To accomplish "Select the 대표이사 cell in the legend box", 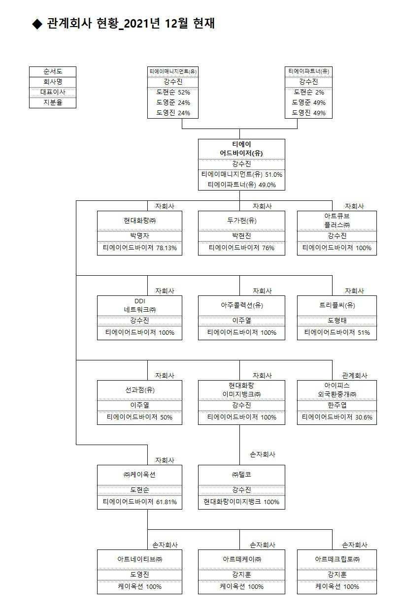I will (x=53, y=92).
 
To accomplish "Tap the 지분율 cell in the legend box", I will (x=53, y=102).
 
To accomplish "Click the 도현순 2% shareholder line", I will (x=309, y=92).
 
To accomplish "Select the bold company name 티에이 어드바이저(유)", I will (x=241, y=149).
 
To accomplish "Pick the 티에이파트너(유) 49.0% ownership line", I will (x=241, y=185).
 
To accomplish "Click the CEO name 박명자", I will (x=139, y=236).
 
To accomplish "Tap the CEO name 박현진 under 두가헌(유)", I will (x=241, y=236).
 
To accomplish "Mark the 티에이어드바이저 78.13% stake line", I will (x=139, y=248).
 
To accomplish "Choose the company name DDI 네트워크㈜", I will (x=139, y=305).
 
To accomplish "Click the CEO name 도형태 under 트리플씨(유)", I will (x=337, y=321).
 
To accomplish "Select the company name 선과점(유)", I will (x=139, y=390).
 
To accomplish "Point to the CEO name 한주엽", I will (x=337, y=405).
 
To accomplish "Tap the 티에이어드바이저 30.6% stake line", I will (x=337, y=418).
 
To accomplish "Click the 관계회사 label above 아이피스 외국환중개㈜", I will (x=355, y=376).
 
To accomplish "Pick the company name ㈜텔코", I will (x=241, y=475).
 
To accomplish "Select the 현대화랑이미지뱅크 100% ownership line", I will (x=241, y=502).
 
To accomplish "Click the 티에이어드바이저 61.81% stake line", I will (x=139, y=502).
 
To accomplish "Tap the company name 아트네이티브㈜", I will (x=139, y=559).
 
